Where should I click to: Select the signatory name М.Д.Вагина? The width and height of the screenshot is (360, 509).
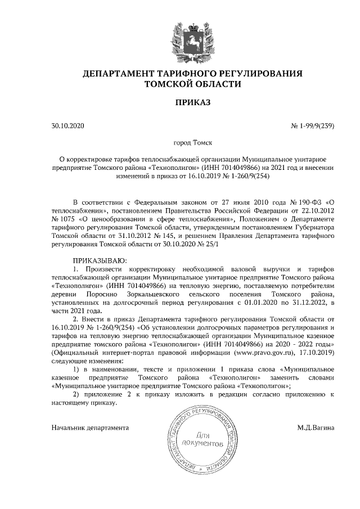(x=316, y=427)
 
